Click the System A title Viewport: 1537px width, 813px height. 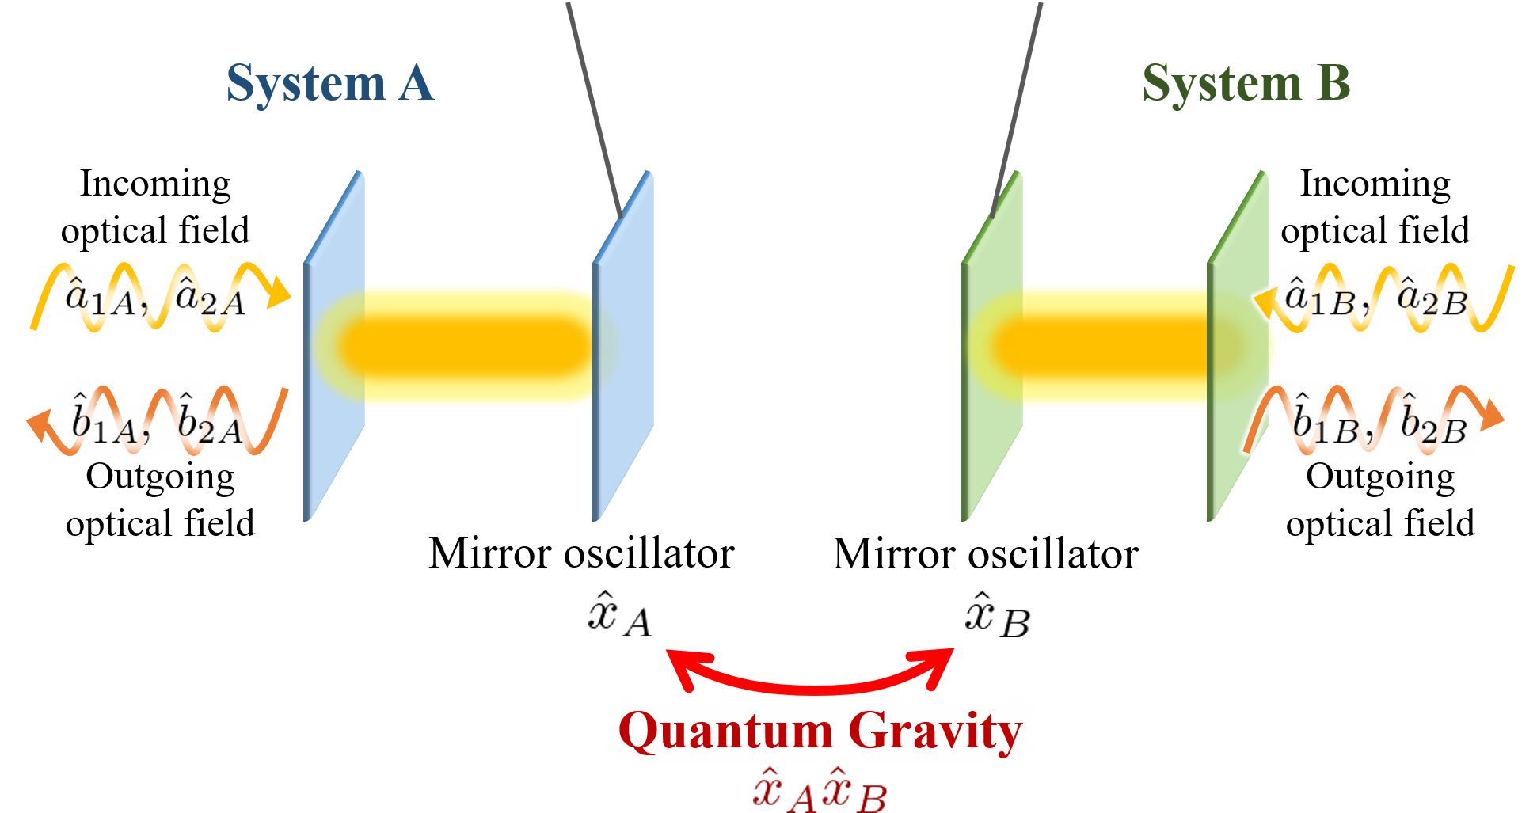pos(329,83)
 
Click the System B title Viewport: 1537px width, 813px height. pos(1246,83)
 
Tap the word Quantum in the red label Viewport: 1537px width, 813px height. pos(725,731)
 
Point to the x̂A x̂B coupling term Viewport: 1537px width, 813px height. pos(820,792)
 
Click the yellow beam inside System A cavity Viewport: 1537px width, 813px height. pos(475,346)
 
